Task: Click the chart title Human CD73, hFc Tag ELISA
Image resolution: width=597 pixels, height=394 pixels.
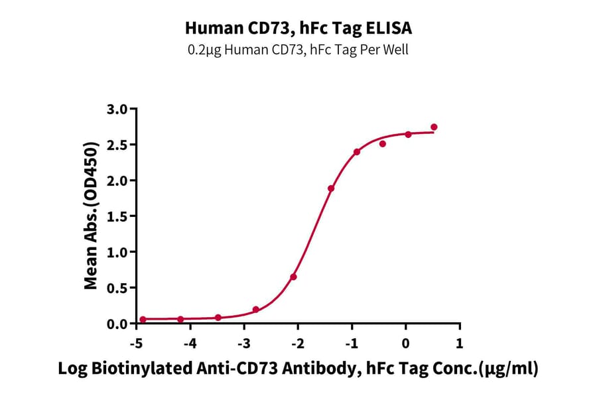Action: tap(298, 28)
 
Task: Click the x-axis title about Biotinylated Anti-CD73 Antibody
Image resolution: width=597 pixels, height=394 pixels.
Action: tap(298, 369)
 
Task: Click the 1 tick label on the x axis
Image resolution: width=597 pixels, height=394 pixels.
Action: tap(459, 344)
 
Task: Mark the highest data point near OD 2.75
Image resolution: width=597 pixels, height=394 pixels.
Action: tap(434, 127)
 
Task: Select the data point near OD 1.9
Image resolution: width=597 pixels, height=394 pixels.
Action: tap(331, 188)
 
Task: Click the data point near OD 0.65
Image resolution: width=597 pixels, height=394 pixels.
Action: tap(293, 277)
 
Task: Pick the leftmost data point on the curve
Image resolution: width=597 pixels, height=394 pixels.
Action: tap(143, 319)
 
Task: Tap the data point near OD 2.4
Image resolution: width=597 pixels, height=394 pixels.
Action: tap(357, 152)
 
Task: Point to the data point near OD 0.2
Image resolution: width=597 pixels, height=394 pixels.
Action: tap(256, 310)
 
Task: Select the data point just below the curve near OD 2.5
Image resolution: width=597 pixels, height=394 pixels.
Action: tap(383, 144)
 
